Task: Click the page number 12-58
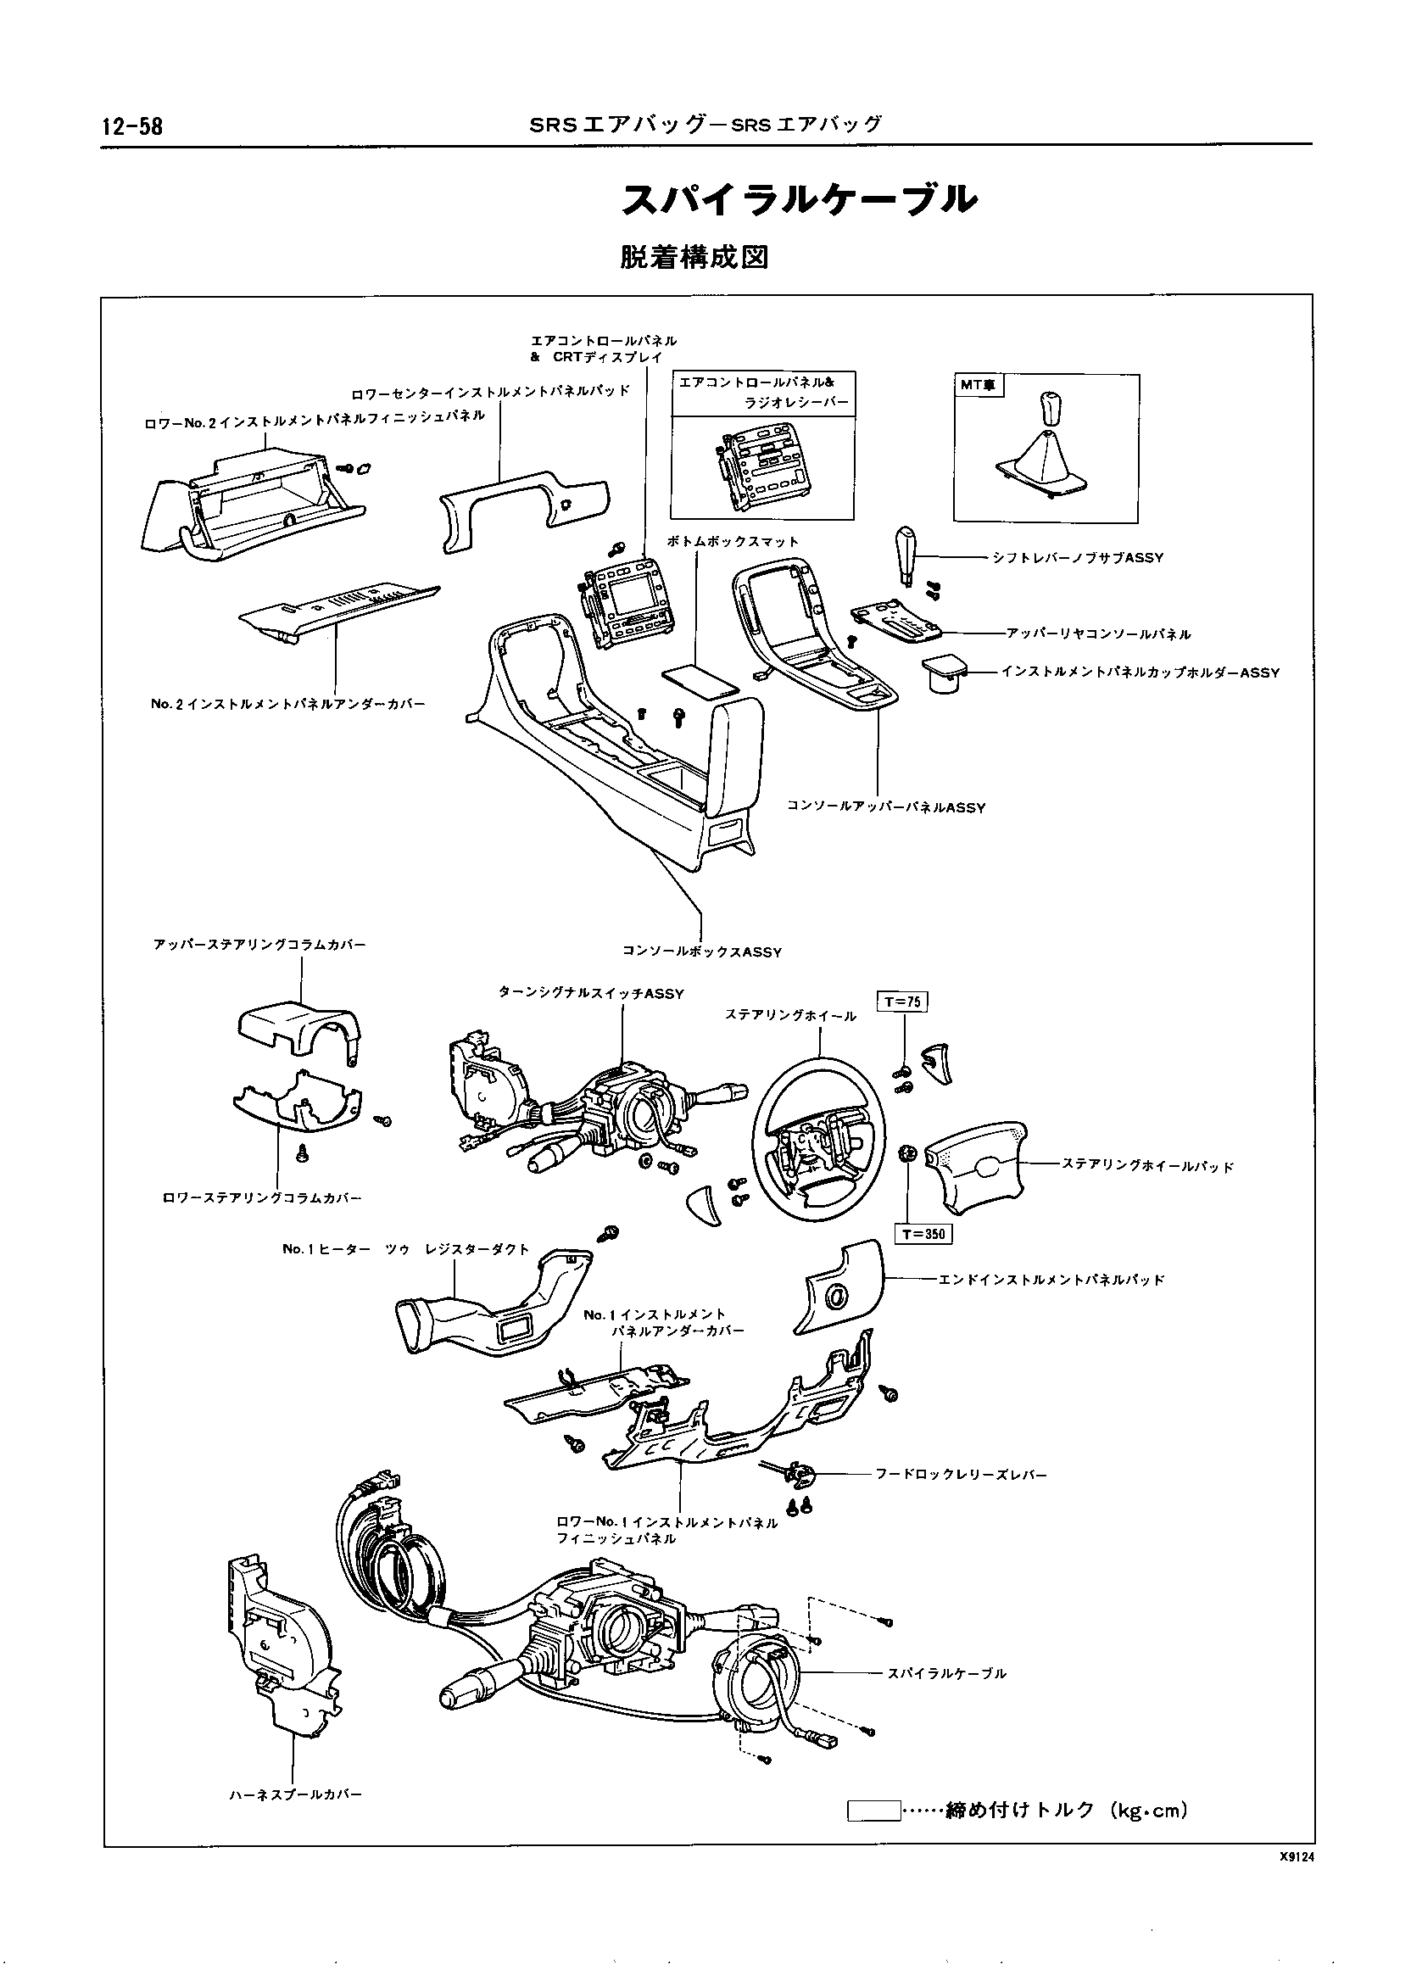click(x=132, y=127)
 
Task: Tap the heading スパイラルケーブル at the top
click(x=800, y=201)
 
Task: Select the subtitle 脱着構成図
click(x=694, y=258)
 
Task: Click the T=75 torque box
click(x=904, y=1002)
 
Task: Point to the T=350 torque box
click(x=923, y=1234)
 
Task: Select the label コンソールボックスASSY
click(x=702, y=952)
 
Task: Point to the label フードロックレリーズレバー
click(x=961, y=1475)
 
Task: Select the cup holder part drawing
click(x=944, y=673)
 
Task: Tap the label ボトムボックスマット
click(x=733, y=541)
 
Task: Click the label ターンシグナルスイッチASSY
click(x=591, y=994)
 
